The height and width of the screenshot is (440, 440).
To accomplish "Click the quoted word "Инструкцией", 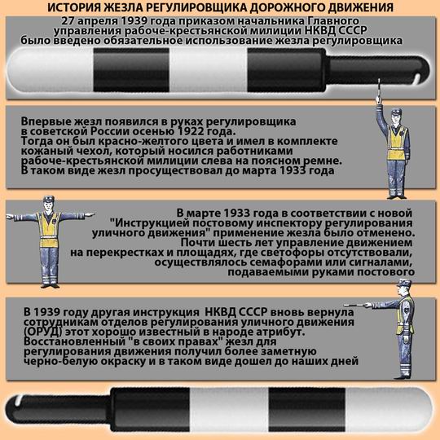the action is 151,223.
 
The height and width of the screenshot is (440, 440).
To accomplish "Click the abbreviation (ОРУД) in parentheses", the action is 42,332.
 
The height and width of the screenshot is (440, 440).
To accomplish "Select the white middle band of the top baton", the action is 209,70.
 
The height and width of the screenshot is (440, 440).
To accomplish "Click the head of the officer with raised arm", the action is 397,117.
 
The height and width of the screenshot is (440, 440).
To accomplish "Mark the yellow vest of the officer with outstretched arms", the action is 49,230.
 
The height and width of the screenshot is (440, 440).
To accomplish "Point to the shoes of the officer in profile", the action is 403,376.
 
